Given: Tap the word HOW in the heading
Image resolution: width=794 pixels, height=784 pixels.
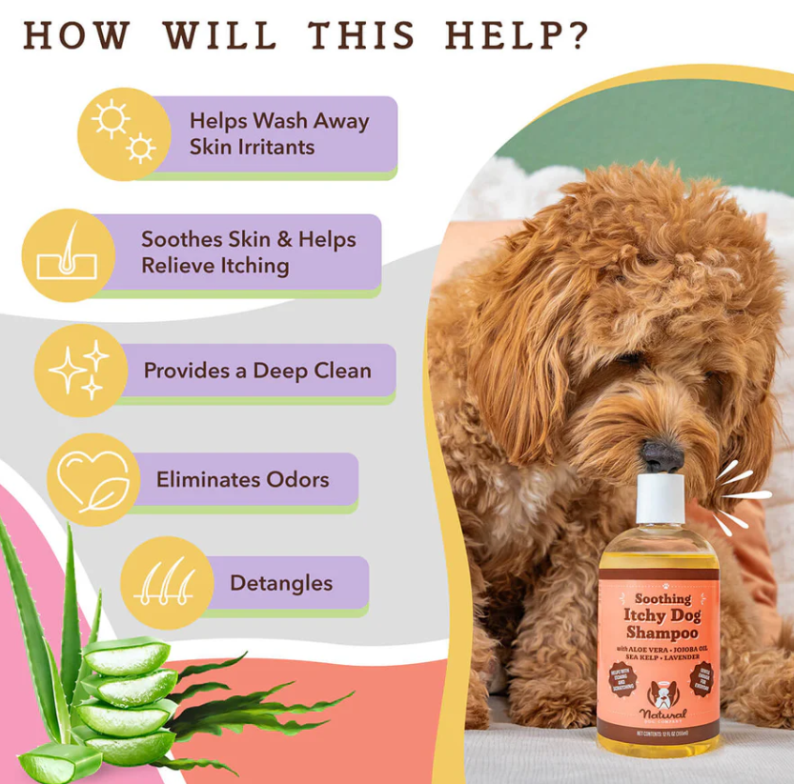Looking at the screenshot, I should click(76, 35).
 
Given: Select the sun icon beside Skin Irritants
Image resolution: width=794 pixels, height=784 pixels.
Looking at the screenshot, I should click(123, 133).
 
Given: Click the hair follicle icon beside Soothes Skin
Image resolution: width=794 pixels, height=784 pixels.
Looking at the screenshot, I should click(67, 255).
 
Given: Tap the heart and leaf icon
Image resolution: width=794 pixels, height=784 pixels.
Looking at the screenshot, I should click(92, 479).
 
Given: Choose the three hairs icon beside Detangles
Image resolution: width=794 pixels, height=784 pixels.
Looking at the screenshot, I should click(166, 582).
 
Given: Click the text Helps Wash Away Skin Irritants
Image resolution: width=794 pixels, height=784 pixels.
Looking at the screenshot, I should click(278, 133).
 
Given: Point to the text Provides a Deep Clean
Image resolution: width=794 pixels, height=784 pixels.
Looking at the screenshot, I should click(257, 370).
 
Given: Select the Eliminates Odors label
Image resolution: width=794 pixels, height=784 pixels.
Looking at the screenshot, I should click(242, 479).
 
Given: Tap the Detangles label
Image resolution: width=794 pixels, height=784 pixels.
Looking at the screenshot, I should click(281, 582).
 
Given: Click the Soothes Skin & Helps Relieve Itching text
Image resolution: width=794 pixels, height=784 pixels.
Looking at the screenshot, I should click(247, 252).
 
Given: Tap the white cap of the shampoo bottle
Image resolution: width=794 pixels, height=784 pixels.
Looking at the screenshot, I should click(661, 501).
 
